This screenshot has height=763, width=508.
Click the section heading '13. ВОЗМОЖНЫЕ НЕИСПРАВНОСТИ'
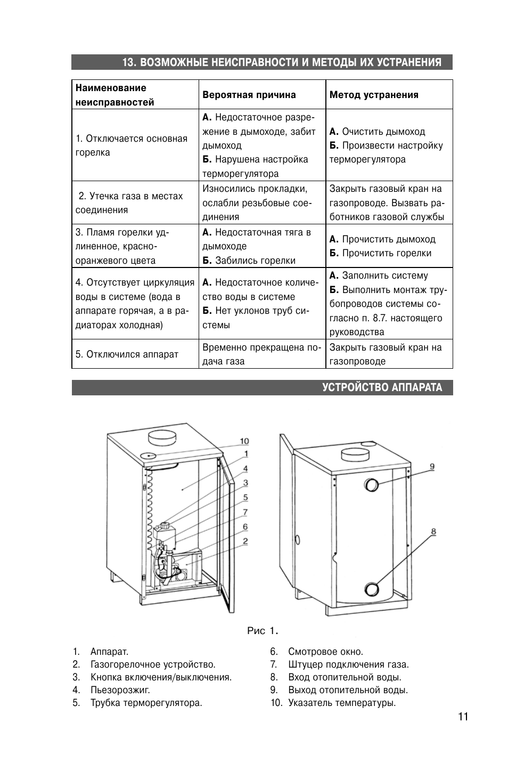tap(282, 62)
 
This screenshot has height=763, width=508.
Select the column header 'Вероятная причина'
tap(249, 95)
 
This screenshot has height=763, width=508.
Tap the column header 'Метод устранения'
tap(374, 95)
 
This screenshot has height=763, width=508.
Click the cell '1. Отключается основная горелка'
tap(132, 145)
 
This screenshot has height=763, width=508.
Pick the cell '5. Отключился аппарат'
tap(127, 354)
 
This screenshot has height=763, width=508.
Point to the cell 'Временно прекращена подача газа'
tap(261, 354)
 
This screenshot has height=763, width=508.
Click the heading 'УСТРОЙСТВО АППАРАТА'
tap(382, 387)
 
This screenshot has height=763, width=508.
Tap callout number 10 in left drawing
tap(244, 441)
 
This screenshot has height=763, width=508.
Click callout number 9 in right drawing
tap(432, 467)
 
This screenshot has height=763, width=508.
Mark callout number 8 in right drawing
tap(433, 531)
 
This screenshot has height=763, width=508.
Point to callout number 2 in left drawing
tap(245, 541)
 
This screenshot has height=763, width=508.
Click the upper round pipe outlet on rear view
tap(371, 485)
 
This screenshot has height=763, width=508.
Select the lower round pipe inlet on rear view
tap(371, 589)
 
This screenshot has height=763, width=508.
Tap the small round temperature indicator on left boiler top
tap(149, 455)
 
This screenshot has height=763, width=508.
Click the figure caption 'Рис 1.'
tap(263, 631)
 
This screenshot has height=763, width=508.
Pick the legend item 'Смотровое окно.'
tap(325, 652)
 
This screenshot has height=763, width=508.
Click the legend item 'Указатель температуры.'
tap(341, 703)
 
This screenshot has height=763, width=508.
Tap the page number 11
tap(462, 717)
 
